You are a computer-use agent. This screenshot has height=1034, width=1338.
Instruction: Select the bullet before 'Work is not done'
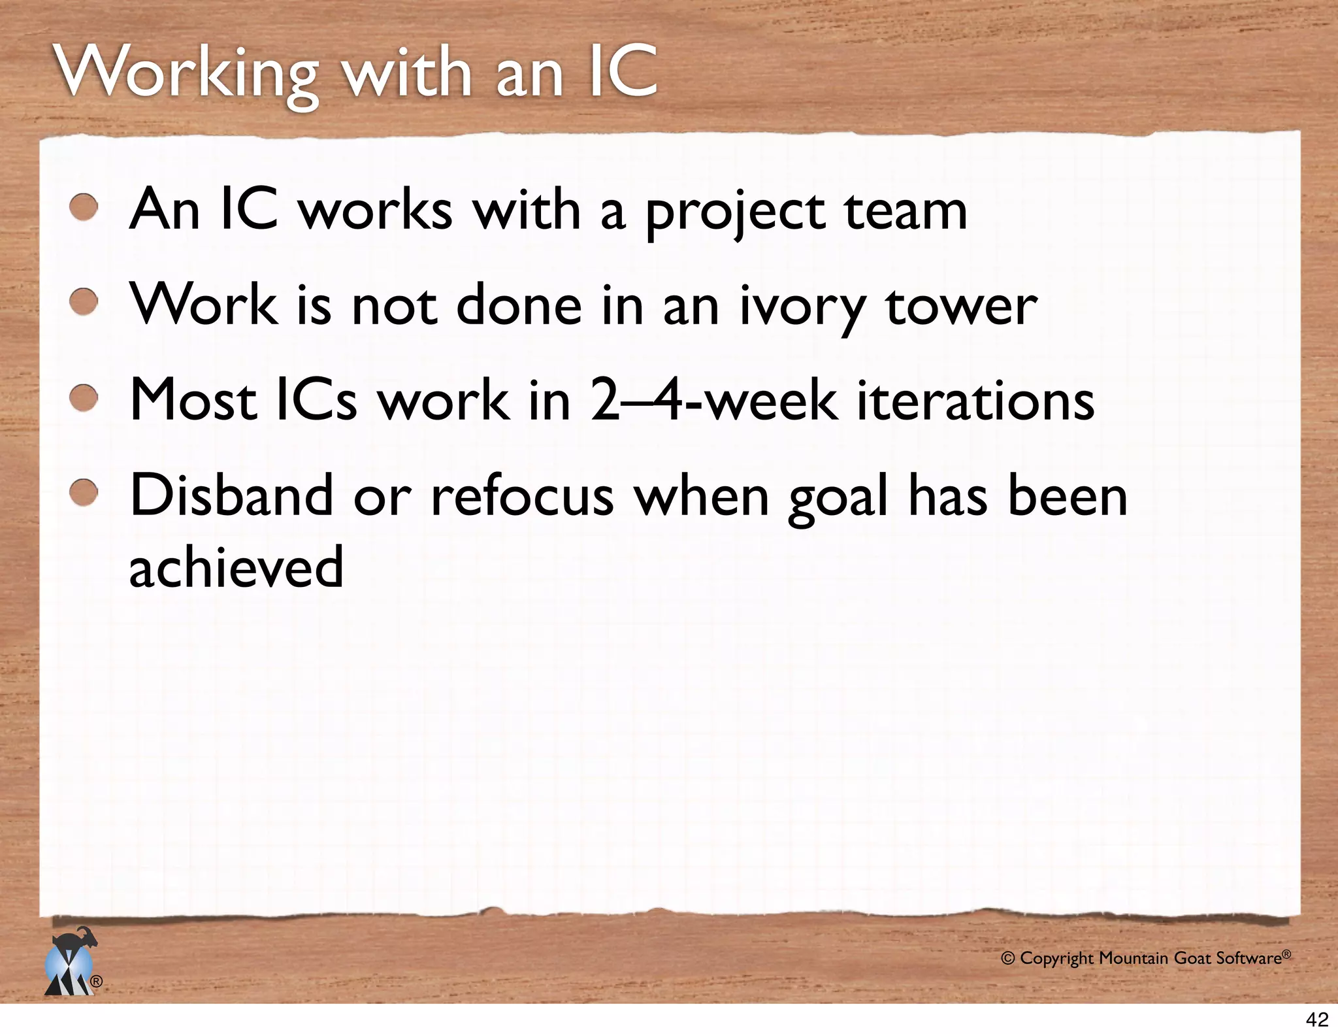click(84, 303)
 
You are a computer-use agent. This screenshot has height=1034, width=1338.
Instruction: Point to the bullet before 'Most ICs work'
click(84, 398)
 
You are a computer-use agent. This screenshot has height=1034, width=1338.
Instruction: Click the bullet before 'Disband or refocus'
click(84, 493)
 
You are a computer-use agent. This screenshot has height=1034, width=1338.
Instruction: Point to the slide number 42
click(1317, 1019)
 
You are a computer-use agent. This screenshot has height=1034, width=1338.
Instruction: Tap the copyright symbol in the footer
click(1008, 959)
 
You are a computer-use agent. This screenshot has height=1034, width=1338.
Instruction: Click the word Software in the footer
click(1248, 959)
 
